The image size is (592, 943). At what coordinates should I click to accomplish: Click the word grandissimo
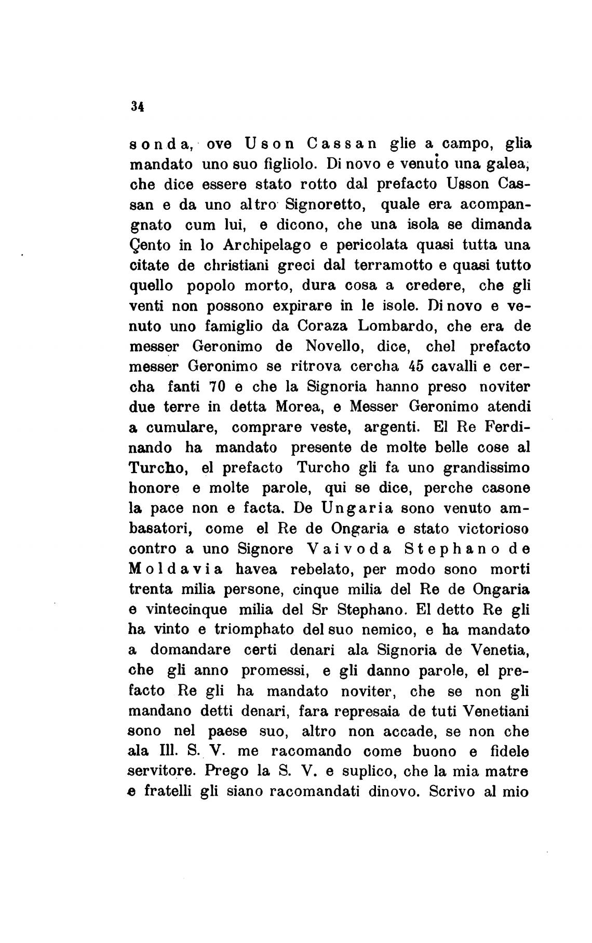point(487,468)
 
